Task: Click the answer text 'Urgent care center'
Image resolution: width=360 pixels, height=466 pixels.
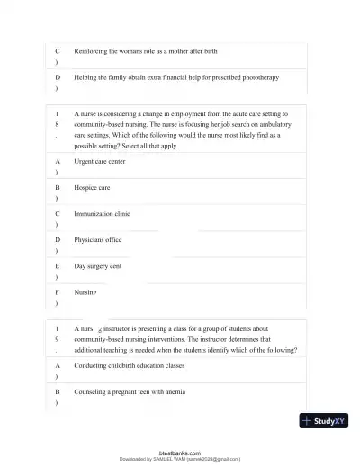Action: click(100, 161)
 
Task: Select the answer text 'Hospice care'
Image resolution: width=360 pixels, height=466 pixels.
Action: click(92, 187)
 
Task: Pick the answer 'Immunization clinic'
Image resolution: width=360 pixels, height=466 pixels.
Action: click(102, 214)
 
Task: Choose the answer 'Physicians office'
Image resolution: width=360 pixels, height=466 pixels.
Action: click(98, 240)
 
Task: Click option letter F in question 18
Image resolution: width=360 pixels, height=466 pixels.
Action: click(58, 293)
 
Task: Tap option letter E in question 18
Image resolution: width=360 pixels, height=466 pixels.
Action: click(58, 267)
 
